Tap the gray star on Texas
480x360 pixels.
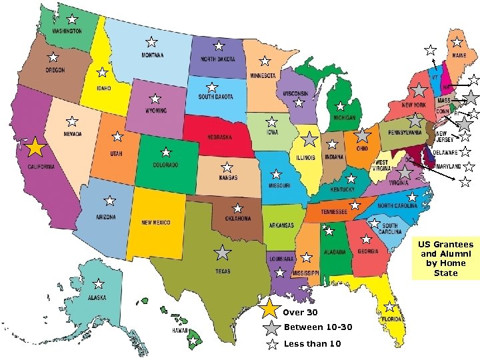pos(223,253)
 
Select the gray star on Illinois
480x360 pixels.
pos(309,139)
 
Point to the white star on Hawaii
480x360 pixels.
pos(193,342)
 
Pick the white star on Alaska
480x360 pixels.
pos(98,284)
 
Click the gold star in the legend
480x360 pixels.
pos(270,311)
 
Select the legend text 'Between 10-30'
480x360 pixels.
pos(317,327)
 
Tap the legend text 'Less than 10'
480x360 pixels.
pos(312,344)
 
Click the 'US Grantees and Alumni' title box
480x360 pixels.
pos(446,258)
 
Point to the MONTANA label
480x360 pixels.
pos(152,55)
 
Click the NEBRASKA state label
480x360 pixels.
pos(219,137)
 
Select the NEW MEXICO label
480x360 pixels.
pos(156,223)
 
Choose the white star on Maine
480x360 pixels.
pos(457,42)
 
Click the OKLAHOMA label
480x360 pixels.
pos(238,218)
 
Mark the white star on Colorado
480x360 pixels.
pos(165,152)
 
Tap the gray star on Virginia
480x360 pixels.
pos(404,172)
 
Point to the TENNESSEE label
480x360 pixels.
pos(334,212)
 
